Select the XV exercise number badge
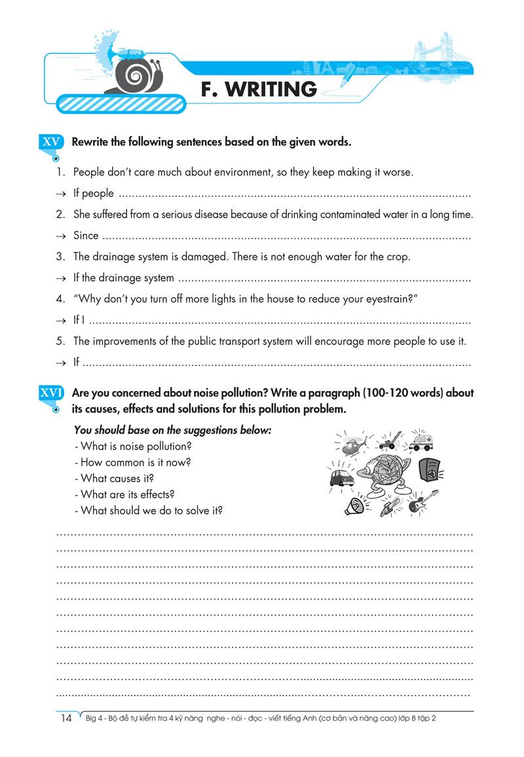51,141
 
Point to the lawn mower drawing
390,441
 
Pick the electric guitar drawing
420,502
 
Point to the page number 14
65,718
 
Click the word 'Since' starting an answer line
86,236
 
